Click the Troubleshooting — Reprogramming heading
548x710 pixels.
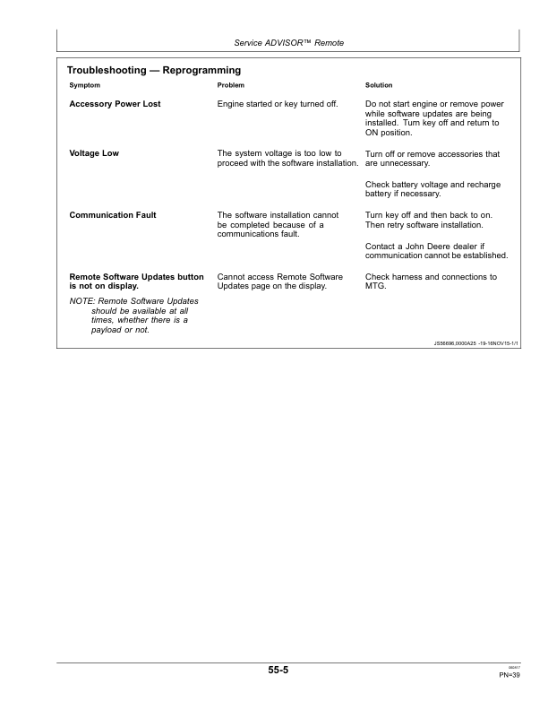[x=154, y=70]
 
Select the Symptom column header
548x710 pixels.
[x=85, y=85]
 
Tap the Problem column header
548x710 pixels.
[x=231, y=85]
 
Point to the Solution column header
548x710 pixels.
[x=381, y=85]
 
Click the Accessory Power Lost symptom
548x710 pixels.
[x=115, y=104]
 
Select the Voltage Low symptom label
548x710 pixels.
[x=94, y=153]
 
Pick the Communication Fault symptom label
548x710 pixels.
[x=113, y=215]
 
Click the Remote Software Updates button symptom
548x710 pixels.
[x=136, y=281]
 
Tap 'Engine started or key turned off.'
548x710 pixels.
[x=278, y=104]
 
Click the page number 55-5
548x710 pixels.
[x=277, y=670]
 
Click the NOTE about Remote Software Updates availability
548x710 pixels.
[x=134, y=315]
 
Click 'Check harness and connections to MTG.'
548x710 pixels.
[x=431, y=281]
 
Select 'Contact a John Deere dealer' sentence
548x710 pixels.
[x=436, y=250]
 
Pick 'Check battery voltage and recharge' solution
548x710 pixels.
[x=432, y=188]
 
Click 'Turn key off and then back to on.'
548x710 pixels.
[x=430, y=215]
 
